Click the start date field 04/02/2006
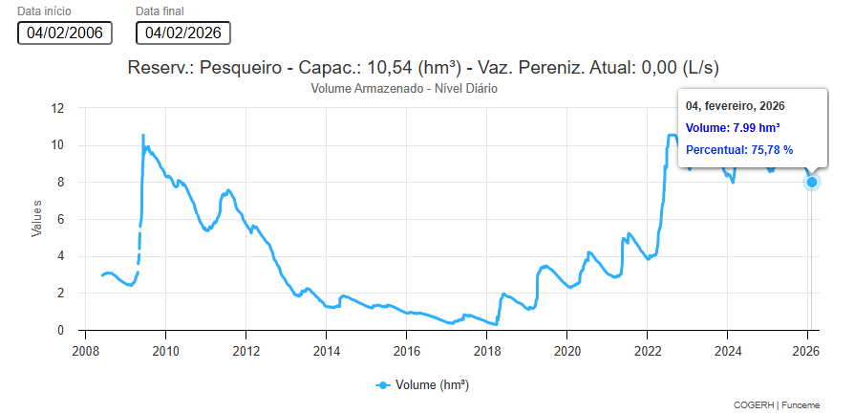65,33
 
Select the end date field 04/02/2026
183,33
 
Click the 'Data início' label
44,11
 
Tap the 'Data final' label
160,11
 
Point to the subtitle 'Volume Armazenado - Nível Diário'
405,88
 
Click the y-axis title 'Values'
37,218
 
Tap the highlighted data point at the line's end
812,182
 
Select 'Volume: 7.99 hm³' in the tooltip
733,127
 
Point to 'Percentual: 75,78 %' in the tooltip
739,150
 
